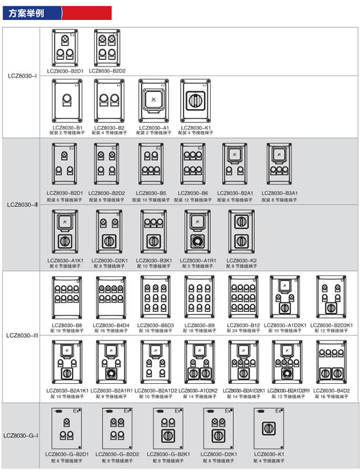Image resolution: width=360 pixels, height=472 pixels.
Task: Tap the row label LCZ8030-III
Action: [x=22, y=334]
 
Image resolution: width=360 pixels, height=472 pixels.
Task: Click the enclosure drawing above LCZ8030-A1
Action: [x=152, y=100]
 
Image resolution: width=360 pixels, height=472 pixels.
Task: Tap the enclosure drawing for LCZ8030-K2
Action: [x=241, y=234]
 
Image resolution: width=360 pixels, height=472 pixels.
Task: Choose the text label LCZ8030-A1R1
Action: [x=198, y=261]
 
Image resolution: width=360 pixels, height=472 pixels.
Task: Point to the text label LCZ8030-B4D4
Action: [x=111, y=326]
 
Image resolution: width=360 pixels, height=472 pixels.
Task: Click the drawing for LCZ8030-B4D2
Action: [x=332, y=363]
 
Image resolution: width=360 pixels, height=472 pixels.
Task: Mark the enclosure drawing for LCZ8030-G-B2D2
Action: [x=117, y=428]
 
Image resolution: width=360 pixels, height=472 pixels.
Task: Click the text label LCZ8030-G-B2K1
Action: [x=168, y=455]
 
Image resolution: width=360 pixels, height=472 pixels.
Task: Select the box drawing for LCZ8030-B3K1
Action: [x=153, y=234]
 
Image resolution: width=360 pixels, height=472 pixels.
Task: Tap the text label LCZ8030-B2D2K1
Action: [x=332, y=326]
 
